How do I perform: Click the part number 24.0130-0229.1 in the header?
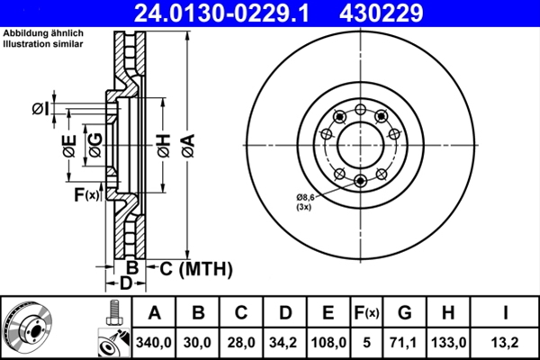[221, 13]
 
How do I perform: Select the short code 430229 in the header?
[381, 13]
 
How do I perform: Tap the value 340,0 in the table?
[154, 343]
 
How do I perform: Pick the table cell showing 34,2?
[283, 343]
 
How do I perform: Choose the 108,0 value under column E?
[328, 343]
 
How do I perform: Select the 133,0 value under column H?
[448, 343]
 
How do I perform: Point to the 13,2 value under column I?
[506, 343]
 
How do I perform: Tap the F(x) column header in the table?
[367, 313]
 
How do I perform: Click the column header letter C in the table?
[241, 312]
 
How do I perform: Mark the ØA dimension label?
[189, 146]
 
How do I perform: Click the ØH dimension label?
[165, 146]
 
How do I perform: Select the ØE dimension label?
[69, 146]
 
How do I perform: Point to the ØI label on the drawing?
[41, 109]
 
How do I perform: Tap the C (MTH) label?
[196, 269]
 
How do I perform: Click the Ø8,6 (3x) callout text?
[305, 202]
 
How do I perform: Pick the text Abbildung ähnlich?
[43, 33]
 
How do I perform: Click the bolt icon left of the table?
[113, 313]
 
